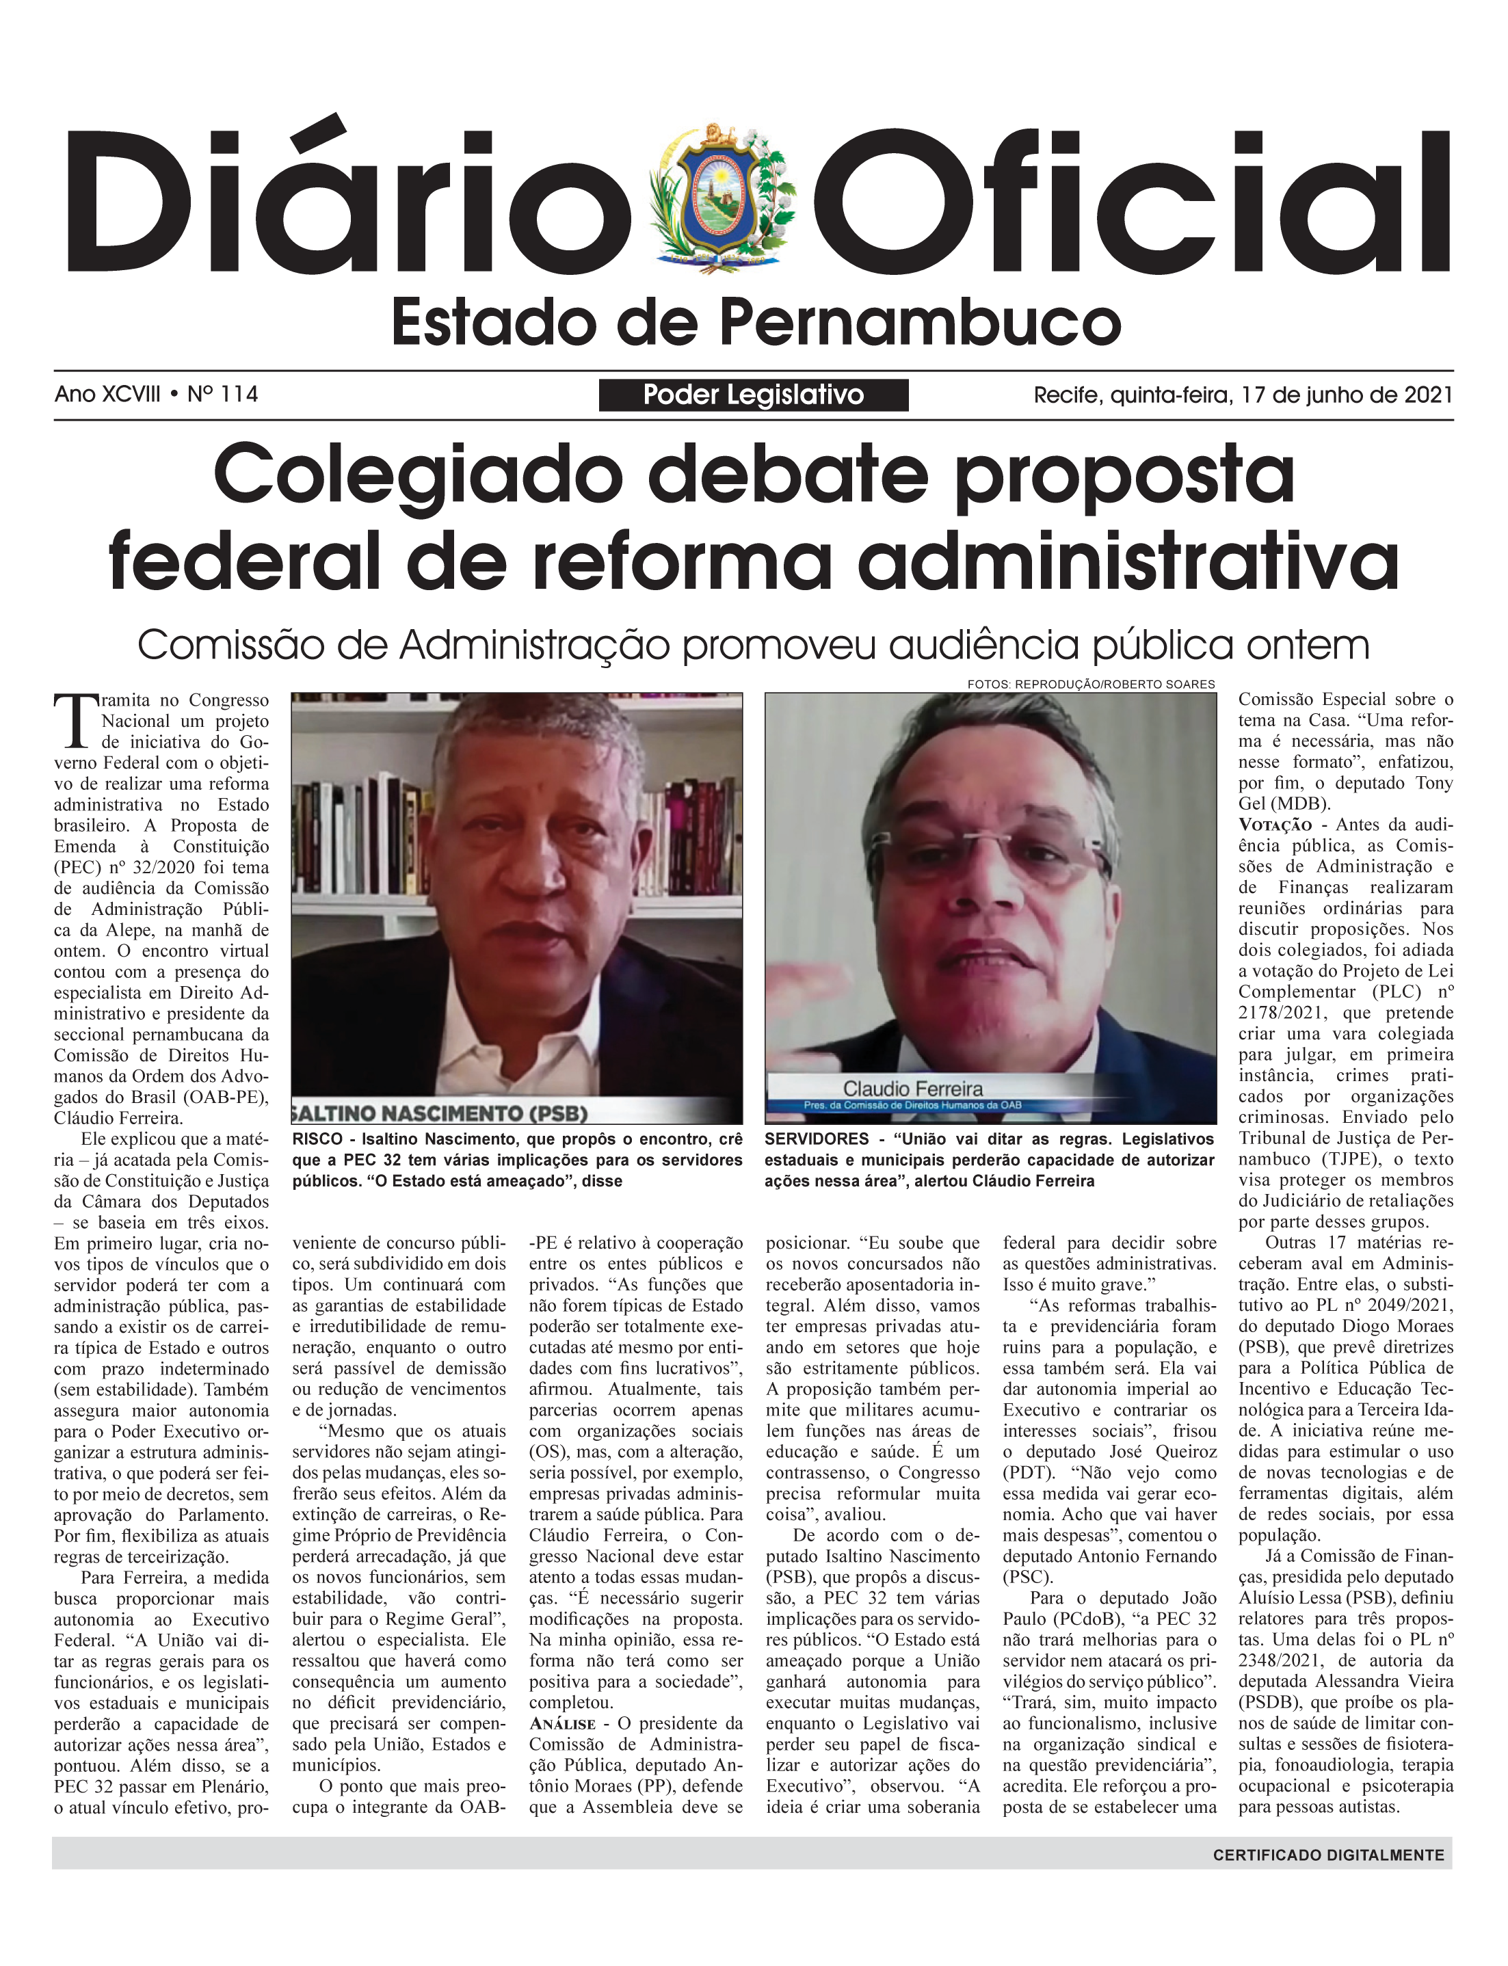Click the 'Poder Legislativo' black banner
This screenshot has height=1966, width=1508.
(x=753, y=395)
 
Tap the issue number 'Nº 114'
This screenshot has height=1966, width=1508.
(x=223, y=394)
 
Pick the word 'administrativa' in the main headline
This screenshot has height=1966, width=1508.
(x=1128, y=561)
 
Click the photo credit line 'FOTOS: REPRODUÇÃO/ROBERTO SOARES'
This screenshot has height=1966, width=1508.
(x=1091, y=685)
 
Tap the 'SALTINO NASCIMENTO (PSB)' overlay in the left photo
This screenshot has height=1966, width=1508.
(x=440, y=1113)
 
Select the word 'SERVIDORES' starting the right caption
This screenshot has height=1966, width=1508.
(x=817, y=1139)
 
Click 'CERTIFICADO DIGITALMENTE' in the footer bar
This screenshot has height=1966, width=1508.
(x=1328, y=1855)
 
